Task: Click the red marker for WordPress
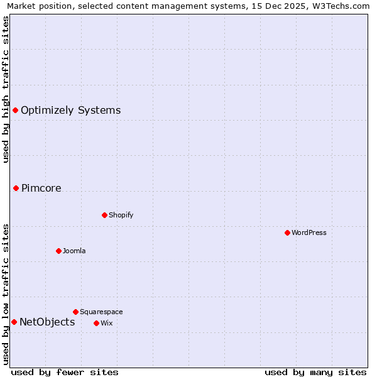pyautogui.click(x=287, y=232)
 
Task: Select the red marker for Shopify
pyautogui.click(x=104, y=215)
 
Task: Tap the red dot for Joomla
pyautogui.click(x=58, y=251)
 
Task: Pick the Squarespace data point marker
pyautogui.click(x=75, y=312)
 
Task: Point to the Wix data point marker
pyautogui.click(x=96, y=323)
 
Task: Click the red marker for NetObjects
pyautogui.click(x=14, y=322)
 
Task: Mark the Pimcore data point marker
pyautogui.click(x=16, y=188)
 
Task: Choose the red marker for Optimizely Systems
pyautogui.click(x=15, y=111)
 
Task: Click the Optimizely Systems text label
pyautogui.click(x=70, y=111)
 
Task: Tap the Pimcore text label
pyautogui.click(x=41, y=188)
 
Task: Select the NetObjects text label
pyautogui.click(x=47, y=322)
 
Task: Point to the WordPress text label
pyautogui.click(x=309, y=232)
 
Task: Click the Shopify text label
pyautogui.click(x=121, y=215)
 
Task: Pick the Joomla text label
pyautogui.click(x=74, y=251)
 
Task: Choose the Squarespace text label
pyautogui.click(x=101, y=312)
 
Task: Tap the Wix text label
pyautogui.click(x=106, y=323)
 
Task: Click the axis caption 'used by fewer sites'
pyautogui.click(x=65, y=372)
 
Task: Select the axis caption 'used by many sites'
pyautogui.click(x=315, y=372)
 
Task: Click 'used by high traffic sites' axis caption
pyautogui.click(x=6, y=89)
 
